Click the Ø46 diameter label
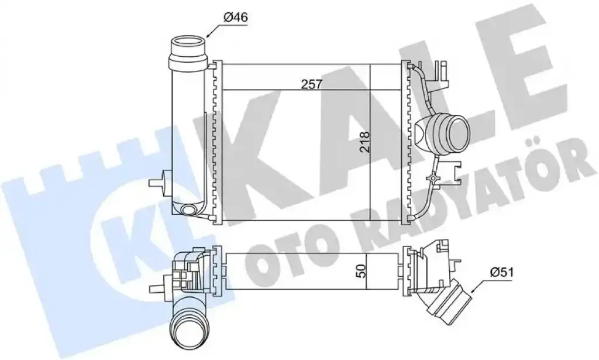pos(235,17)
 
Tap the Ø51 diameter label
pos(502,272)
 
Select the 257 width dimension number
pos(312,84)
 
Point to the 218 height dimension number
pos(364,142)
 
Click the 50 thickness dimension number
pos(363,270)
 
